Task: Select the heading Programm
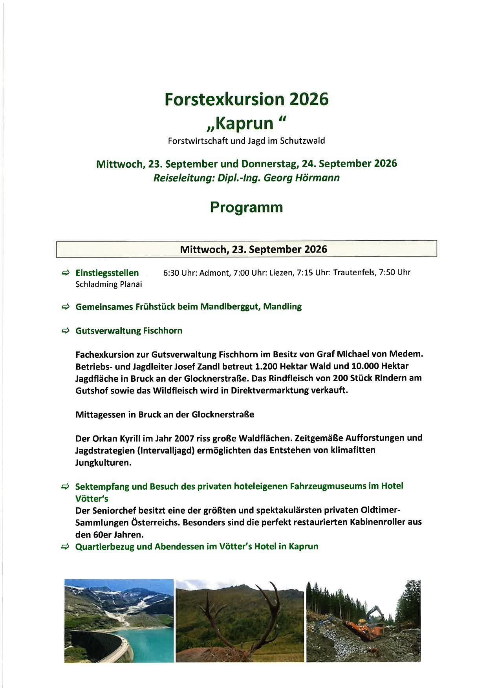click(246, 207)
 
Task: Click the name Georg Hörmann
click(302, 178)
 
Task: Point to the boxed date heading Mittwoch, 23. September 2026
click(253, 249)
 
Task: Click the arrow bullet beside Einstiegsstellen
click(66, 273)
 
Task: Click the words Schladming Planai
click(108, 284)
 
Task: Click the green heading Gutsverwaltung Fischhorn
click(129, 331)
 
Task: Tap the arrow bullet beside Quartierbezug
click(66, 547)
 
